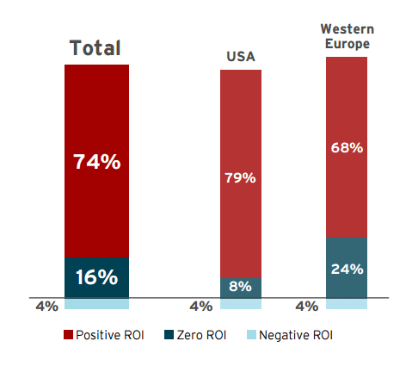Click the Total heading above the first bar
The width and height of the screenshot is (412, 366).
(x=95, y=47)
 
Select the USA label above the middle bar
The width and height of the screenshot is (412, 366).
(x=241, y=58)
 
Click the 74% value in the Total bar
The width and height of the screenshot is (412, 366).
(x=96, y=161)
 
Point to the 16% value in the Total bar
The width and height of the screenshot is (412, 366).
(x=96, y=277)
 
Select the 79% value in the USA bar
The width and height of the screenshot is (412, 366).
(x=241, y=178)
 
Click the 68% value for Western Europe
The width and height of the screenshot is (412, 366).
(x=347, y=148)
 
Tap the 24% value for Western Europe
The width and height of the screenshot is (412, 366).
(x=347, y=268)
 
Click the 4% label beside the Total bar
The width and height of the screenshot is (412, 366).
(x=46, y=306)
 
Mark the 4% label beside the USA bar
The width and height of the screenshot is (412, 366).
(x=200, y=306)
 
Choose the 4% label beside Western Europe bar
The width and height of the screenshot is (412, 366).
(x=306, y=306)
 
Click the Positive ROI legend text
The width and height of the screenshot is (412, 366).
(x=108, y=334)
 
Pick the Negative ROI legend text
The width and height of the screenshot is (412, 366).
(x=295, y=334)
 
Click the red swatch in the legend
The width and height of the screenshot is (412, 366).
(x=68, y=334)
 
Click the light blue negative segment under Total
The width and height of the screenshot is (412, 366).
(x=96, y=303)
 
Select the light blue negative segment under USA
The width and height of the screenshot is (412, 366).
(x=241, y=303)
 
